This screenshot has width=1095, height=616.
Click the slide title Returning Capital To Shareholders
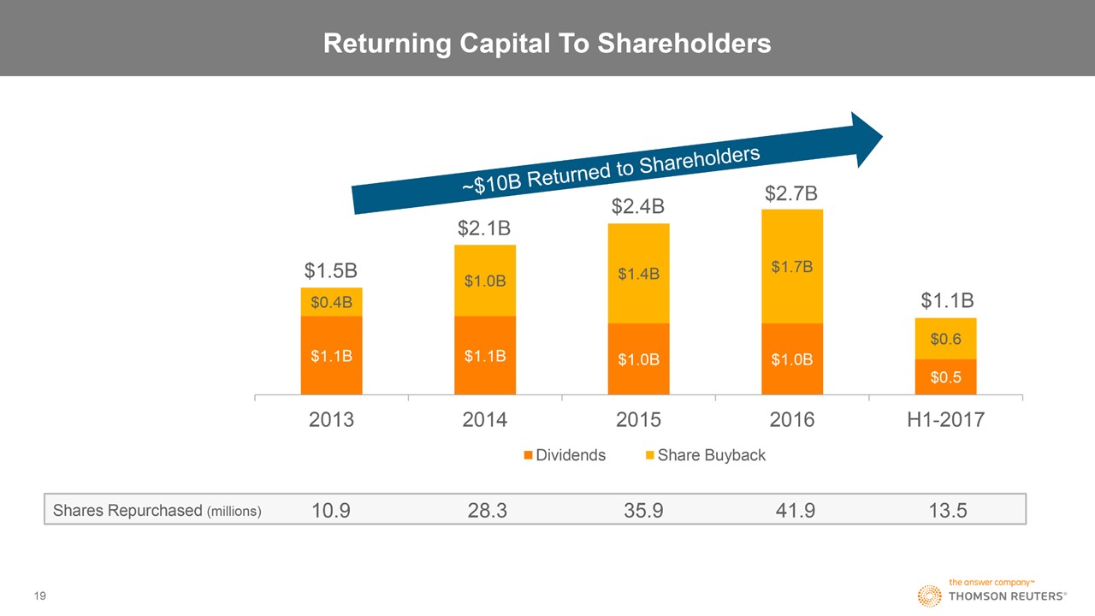[x=547, y=43]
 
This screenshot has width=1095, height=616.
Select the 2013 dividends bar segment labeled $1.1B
[x=331, y=356]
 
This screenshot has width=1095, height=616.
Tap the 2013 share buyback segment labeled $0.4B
[x=331, y=302]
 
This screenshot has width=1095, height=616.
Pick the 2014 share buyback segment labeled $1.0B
[x=485, y=281]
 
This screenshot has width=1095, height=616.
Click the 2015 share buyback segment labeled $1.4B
[x=638, y=274]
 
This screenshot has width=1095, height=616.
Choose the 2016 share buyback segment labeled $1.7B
[x=791, y=267]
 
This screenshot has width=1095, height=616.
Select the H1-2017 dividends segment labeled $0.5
[x=945, y=377]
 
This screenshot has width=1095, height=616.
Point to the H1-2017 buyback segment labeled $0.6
[x=945, y=339]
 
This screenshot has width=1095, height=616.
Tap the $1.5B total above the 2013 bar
[x=331, y=271]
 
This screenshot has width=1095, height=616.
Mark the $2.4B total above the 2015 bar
[x=638, y=208]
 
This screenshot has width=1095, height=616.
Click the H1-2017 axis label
[x=945, y=420]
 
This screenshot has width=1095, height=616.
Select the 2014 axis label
[x=485, y=420]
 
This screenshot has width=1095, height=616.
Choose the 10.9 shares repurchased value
[x=331, y=511]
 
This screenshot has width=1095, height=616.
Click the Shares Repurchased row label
[x=157, y=511]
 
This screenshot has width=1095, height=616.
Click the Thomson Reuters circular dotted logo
[x=930, y=596]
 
